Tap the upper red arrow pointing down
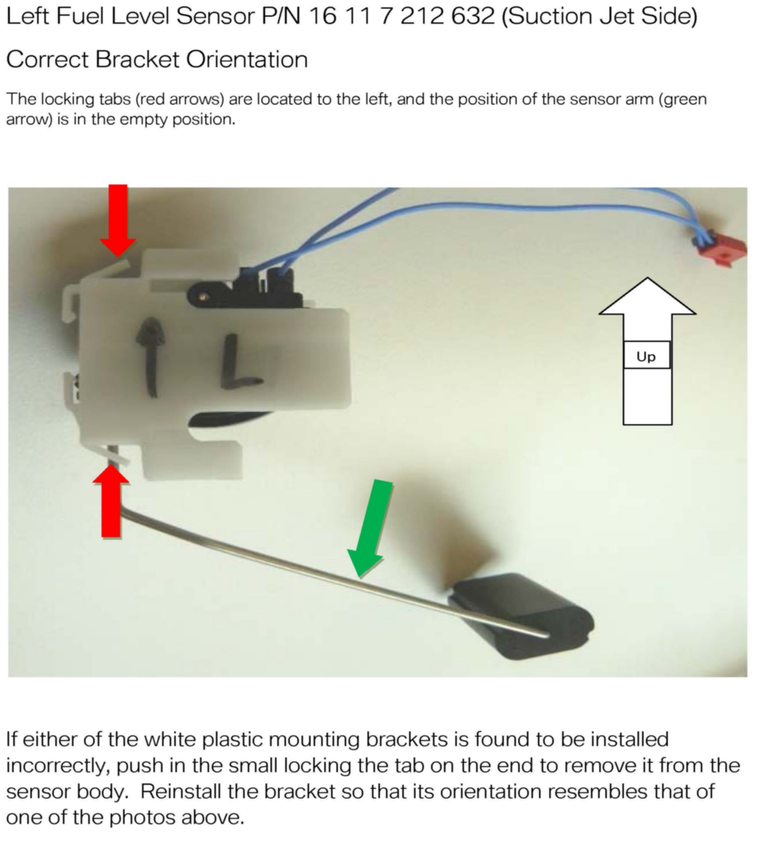[118, 219]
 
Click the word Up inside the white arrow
[646, 357]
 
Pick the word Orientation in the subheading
[247, 60]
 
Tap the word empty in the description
[144, 120]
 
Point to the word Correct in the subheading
[47, 60]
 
